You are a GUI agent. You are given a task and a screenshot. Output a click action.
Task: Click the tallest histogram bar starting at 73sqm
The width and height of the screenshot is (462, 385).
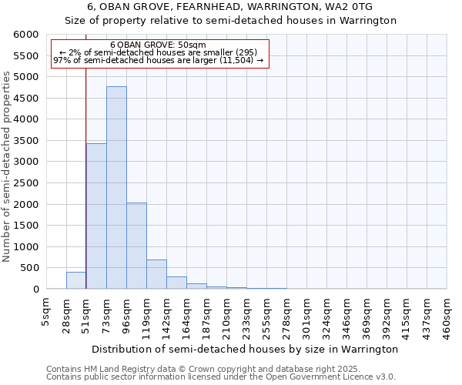point(116,188)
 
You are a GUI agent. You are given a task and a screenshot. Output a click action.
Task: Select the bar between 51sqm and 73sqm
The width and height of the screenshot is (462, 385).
point(96,216)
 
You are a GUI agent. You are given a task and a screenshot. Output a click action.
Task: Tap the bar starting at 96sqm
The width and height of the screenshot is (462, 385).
point(136,246)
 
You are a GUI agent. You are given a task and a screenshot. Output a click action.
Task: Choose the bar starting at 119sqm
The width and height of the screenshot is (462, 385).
point(156,275)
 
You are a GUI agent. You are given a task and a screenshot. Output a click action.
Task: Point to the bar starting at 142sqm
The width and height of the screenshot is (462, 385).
point(176,283)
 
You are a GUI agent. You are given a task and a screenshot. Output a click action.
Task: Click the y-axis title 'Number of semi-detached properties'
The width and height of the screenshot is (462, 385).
point(7,166)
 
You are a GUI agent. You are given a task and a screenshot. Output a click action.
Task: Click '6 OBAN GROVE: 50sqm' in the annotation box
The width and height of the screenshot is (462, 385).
point(159,45)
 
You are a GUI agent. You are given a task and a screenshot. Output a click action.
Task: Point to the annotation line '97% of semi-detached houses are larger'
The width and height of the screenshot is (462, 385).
point(159,60)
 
